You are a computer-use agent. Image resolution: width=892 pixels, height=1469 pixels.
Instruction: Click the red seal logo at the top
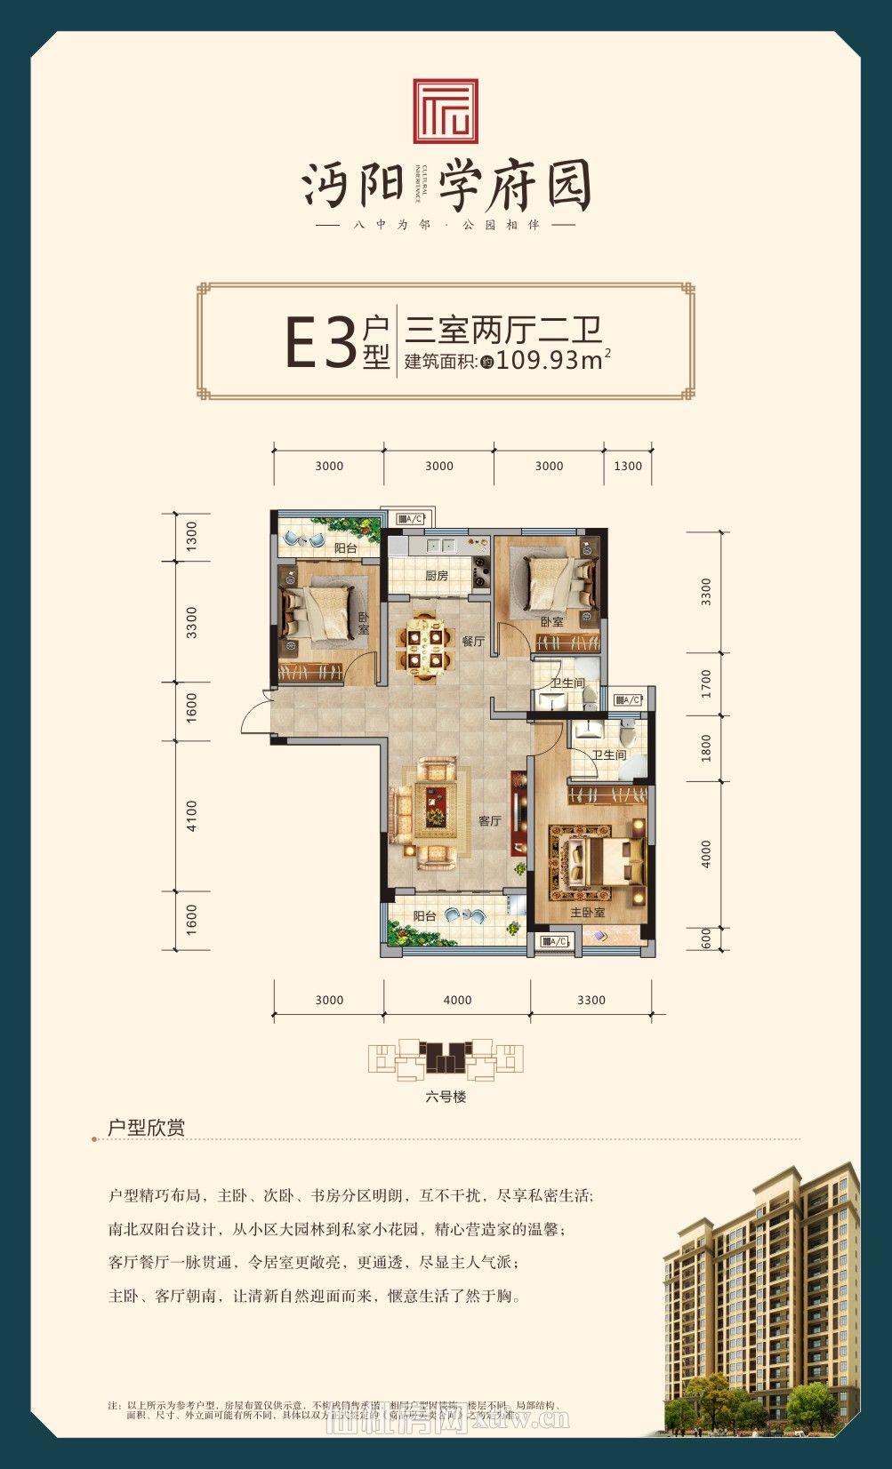[x=446, y=111]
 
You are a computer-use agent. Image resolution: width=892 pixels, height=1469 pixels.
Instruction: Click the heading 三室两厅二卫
[x=503, y=330]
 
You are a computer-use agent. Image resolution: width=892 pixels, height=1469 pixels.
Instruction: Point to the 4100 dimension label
[x=192, y=816]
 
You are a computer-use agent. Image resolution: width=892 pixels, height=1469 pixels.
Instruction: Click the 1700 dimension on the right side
[x=706, y=683]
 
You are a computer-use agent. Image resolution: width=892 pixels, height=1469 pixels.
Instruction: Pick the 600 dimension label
[x=706, y=938]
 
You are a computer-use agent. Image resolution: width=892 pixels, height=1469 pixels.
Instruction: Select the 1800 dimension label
[x=706, y=747]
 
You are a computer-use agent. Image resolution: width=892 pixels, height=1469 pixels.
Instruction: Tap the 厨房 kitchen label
[x=436, y=576]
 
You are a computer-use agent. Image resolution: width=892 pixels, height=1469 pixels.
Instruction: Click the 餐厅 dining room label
[x=473, y=641]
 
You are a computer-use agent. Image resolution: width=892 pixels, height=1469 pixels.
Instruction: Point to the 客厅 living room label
[x=490, y=820]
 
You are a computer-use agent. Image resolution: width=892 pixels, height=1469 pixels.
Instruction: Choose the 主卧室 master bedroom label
[x=587, y=913]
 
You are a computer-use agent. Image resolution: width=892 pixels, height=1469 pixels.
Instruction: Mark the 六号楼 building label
[x=446, y=1097]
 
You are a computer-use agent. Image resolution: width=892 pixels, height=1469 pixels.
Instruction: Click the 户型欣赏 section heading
[x=146, y=1128]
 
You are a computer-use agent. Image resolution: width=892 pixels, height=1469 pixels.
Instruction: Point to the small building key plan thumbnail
[x=446, y=1060]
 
